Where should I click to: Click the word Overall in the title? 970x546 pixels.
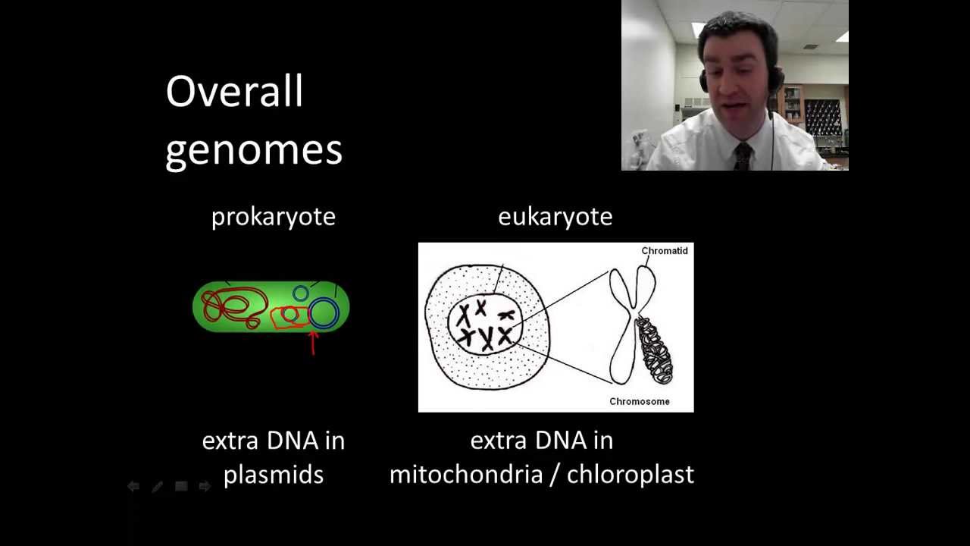(234, 92)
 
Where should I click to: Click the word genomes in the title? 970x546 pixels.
(254, 149)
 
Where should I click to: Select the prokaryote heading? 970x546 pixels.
(273, 217)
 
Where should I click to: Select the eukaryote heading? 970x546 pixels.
(555, 217)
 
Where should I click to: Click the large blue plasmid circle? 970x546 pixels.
(324, 313)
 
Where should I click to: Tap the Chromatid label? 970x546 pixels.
(664, 251)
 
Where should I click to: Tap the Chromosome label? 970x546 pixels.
(639, 401)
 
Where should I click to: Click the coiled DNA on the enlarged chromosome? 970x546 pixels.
(654, 350)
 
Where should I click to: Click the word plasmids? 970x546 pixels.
(274, 475)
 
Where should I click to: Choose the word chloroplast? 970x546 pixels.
(630, 475)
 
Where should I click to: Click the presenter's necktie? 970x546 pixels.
(742, 155)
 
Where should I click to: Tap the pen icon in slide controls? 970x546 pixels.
(157, 487)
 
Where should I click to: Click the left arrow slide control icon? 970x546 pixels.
(133, 487)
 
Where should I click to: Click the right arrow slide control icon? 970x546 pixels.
(204, 487)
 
